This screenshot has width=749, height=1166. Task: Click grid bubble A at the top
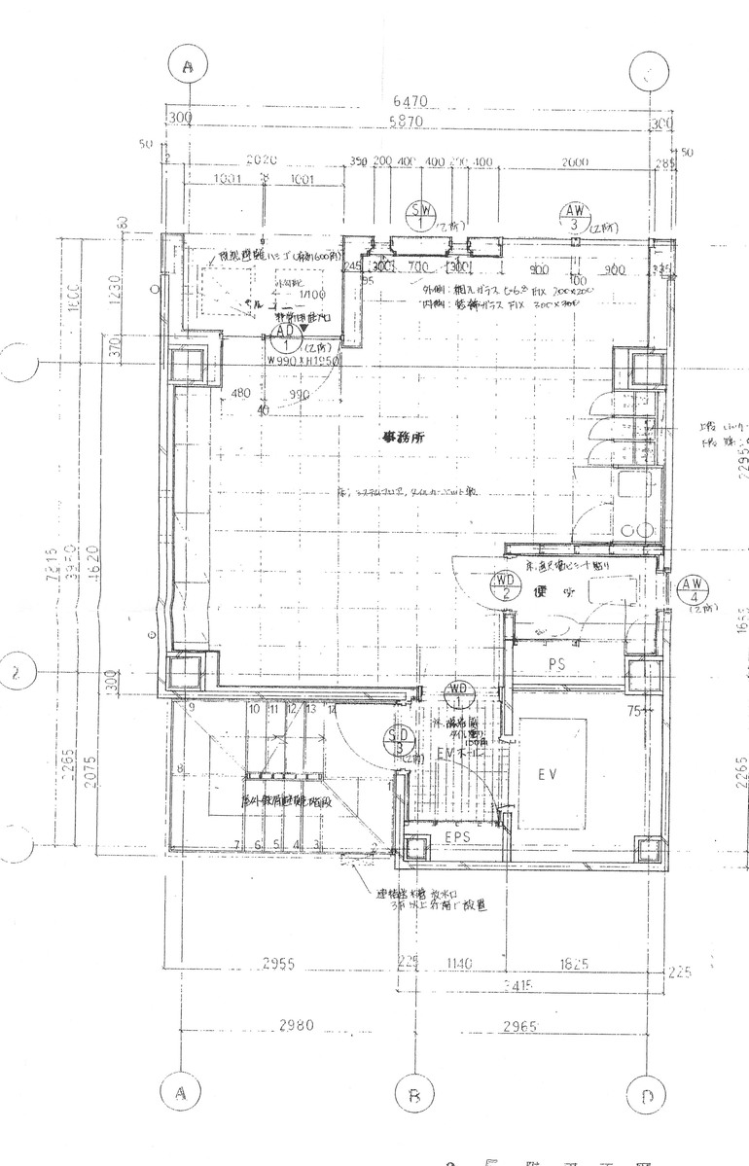(x=188, y=66)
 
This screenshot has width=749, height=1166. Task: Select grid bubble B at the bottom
(x=413, y=1097)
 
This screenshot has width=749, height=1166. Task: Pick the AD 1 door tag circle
(x=286, y=336)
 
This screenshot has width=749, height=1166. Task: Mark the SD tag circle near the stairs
(x=397, y=740)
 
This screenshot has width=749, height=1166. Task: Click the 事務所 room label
(x=402, y=439)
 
